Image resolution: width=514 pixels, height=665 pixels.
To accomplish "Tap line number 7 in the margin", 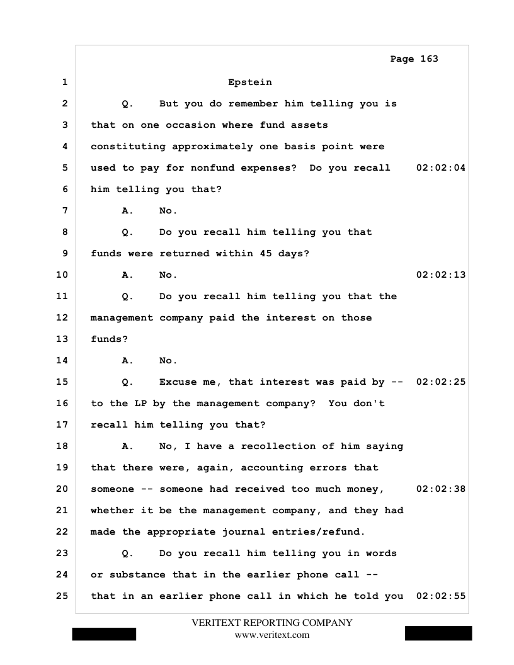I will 65,210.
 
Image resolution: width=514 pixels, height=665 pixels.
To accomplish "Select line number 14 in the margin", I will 62,360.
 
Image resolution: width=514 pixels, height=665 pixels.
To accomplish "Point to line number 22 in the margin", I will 62,531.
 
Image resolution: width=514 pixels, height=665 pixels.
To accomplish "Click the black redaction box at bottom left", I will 104,634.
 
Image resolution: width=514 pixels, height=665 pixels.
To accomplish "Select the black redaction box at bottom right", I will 438,634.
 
